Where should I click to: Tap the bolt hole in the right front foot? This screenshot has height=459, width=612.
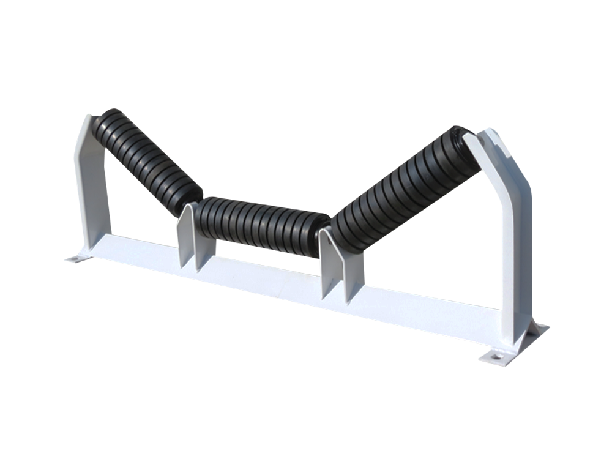(495, 355)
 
